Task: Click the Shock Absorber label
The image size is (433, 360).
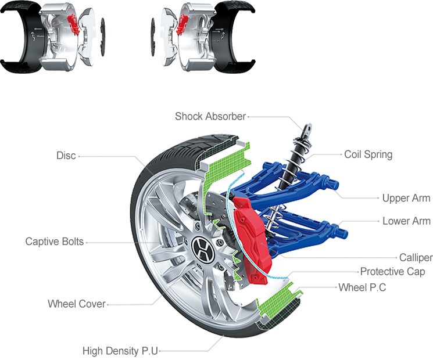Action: point(210,116)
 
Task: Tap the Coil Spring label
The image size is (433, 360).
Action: point(368,154)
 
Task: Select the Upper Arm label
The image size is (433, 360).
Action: point(406,198)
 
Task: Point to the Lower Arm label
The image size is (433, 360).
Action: point(406,221)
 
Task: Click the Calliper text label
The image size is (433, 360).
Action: point(416,258)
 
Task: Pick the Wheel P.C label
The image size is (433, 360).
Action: point(362,287)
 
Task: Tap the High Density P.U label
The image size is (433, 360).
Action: point(120,351)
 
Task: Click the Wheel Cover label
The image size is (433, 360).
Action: point(77,304)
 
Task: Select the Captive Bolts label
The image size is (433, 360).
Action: point(55,242)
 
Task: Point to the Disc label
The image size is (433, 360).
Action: point(66,156)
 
